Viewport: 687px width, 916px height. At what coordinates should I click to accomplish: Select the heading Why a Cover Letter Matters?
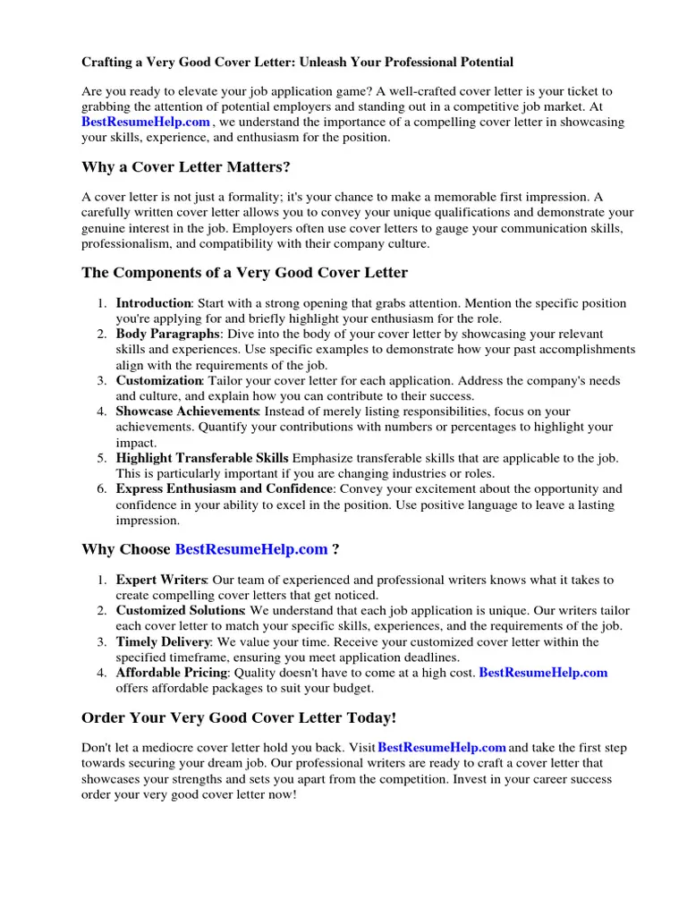(186, 167)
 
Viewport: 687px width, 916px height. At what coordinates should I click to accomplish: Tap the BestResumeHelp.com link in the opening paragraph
(146, 122)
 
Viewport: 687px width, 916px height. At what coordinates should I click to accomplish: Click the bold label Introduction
(153, 304)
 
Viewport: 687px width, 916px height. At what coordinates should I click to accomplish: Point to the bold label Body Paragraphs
(167, 335)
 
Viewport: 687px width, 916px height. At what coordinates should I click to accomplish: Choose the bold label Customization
(159, 381)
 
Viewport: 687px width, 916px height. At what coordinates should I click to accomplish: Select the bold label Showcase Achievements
(187, 411)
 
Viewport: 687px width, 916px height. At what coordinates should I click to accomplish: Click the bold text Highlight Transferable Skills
(202, 458)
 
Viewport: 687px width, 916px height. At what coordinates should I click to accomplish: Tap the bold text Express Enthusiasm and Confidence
(225, 489)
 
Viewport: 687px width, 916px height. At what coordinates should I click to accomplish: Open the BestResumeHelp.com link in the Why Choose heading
(251, 549)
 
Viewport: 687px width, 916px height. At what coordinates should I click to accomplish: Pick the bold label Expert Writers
(161, 581)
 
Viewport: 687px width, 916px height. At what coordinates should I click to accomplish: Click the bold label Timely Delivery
(163, 642)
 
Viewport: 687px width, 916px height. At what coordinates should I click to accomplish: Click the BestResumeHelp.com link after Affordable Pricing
(543, 673)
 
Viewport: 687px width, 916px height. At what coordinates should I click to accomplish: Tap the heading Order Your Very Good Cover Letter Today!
(238, 718)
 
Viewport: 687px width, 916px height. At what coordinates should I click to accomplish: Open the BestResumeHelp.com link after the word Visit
(442, 747)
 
